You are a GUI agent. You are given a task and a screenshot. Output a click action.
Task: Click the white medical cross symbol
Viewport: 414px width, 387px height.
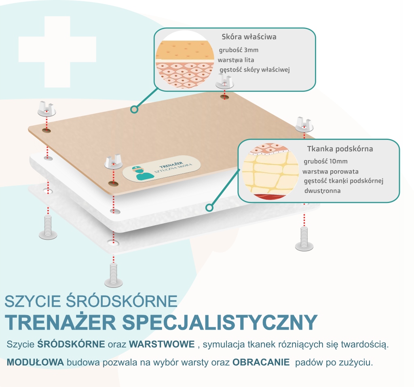point(57,51)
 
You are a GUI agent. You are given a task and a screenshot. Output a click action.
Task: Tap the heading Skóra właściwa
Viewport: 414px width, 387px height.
point(249,37)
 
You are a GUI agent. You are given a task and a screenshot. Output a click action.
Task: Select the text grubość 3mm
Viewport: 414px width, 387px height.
point(239,50)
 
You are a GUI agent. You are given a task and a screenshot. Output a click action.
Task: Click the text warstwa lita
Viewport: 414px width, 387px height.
point(236,60)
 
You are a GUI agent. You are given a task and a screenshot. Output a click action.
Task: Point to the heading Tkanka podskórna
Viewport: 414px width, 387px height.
point(340,149)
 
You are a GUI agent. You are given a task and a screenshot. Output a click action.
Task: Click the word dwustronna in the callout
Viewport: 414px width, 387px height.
point(322,190)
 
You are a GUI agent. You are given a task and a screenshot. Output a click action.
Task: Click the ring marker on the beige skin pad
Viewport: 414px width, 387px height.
point(135,109)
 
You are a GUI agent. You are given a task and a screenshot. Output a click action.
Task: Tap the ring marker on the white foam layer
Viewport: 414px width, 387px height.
point(209,208)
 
